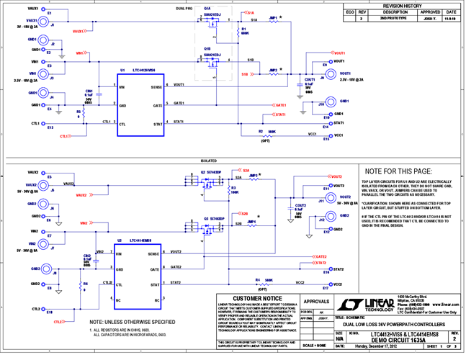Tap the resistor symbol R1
pos(237,32)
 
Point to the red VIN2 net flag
pos(84,224)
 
